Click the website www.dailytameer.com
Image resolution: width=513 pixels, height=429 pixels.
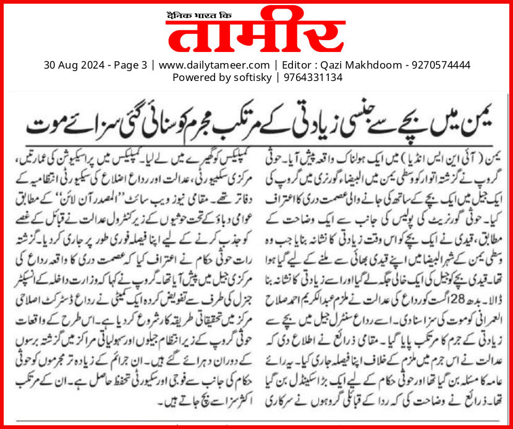point(214,64)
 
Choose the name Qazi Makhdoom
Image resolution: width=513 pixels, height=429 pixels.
point(358,64)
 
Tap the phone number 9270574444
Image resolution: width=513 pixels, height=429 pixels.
point(439,64)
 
